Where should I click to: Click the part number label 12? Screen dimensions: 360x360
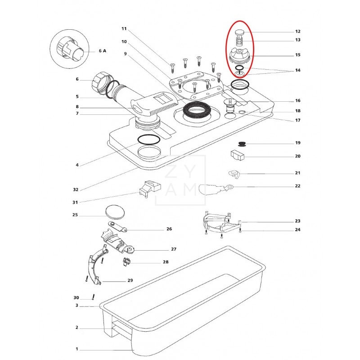[298, 31]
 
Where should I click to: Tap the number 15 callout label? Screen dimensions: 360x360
[298, 55]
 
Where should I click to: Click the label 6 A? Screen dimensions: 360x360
[102, 51]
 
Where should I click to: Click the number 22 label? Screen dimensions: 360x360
[298, 186]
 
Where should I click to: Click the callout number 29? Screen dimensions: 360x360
[130, 280]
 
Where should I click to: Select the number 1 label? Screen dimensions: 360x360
[77, 349]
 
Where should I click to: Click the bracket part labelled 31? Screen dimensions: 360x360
[148, 188]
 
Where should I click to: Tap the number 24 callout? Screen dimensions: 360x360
[298, 230]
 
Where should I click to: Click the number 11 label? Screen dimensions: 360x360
[124, 29]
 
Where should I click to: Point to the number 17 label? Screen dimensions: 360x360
[298, 120]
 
